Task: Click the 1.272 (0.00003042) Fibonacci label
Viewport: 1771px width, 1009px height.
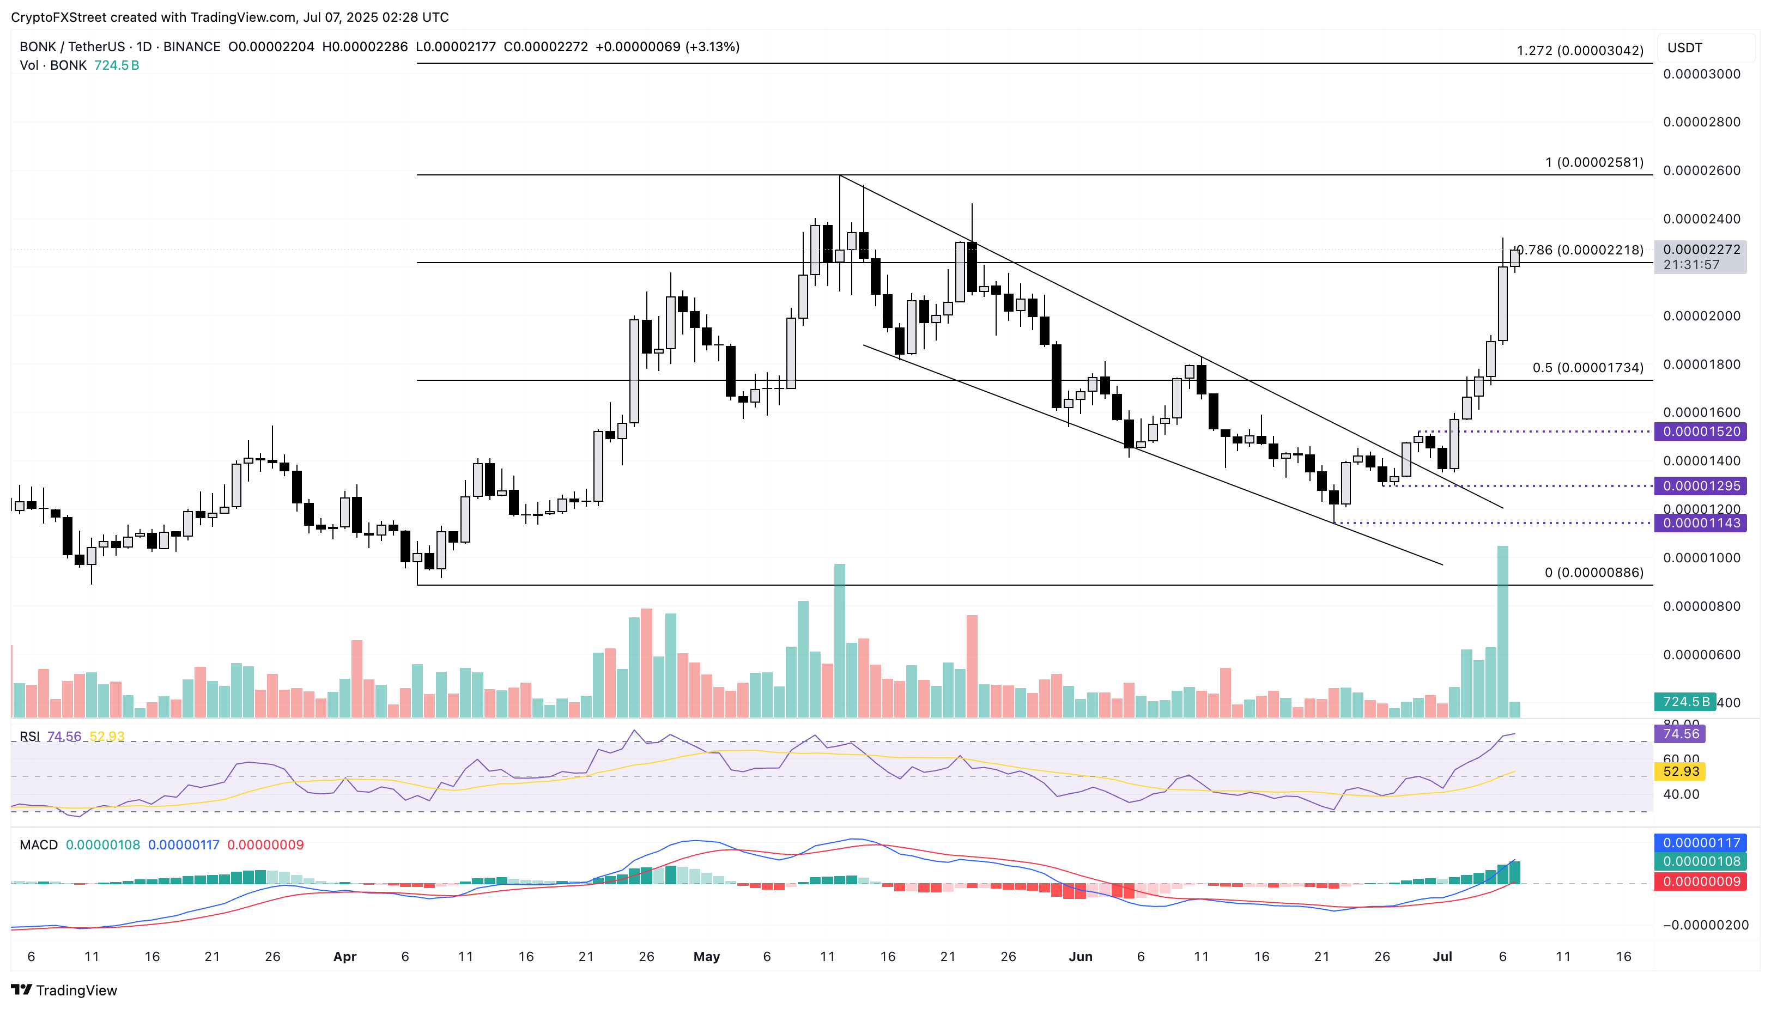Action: pyautogui.click(x=1579, y=51)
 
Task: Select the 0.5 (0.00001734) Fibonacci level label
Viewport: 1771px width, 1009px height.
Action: pyautogui.click(x=1587, y=368)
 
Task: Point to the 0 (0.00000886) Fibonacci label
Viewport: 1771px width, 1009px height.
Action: pyautogui.click(x=1593, y=573)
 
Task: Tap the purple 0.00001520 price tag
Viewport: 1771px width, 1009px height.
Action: pyautogui.click(x=1700, y=431)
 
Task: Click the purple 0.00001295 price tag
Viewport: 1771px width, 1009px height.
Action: pyautogui.click(x=1700, y=486)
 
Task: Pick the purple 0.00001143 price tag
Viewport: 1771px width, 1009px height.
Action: pyautogui.click(x=1700, y=523)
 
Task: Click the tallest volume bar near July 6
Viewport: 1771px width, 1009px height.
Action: pyautogui.click(x=1502, y=631)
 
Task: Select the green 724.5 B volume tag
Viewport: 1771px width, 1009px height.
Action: pyautogui.click(x=1685, y=702)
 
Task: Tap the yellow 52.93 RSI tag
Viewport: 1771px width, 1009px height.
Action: pyautogui.click(x=1680, y=771)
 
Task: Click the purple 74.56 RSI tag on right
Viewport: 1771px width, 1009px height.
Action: pyautogui.click(x=1680, y=734)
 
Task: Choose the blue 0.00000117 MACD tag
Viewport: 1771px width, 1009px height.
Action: pyautogui.click(x=1700, y=843)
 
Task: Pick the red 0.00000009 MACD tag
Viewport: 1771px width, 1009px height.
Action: pyautogui.click(x=1700, y=882)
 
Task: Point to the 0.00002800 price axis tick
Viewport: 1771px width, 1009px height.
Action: pyautogui.click(x=1701, y=122)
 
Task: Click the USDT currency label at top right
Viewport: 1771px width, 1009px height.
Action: pyautogui.click(x=1684, y=48)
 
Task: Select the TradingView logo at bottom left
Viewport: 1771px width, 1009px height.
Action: pyautogui.click(x=64, y=989)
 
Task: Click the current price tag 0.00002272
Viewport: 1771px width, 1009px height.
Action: pyautogui.click(x=1700, y=250)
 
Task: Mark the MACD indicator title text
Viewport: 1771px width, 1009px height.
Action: pyautogui.click(x=39, y=845)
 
